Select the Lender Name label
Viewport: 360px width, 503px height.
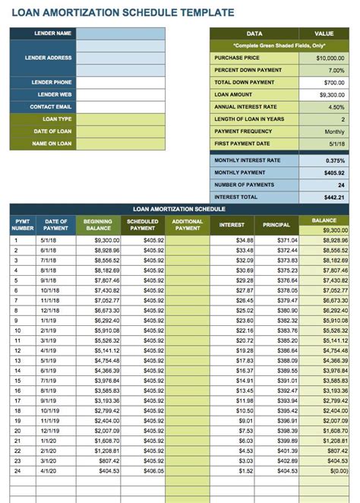(52, 33)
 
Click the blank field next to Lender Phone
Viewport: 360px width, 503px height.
(120, 82)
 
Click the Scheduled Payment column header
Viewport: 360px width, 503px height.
(143, 225)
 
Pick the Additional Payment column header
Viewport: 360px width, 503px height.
(188, 225)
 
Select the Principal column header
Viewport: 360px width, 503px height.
(276, 225)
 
